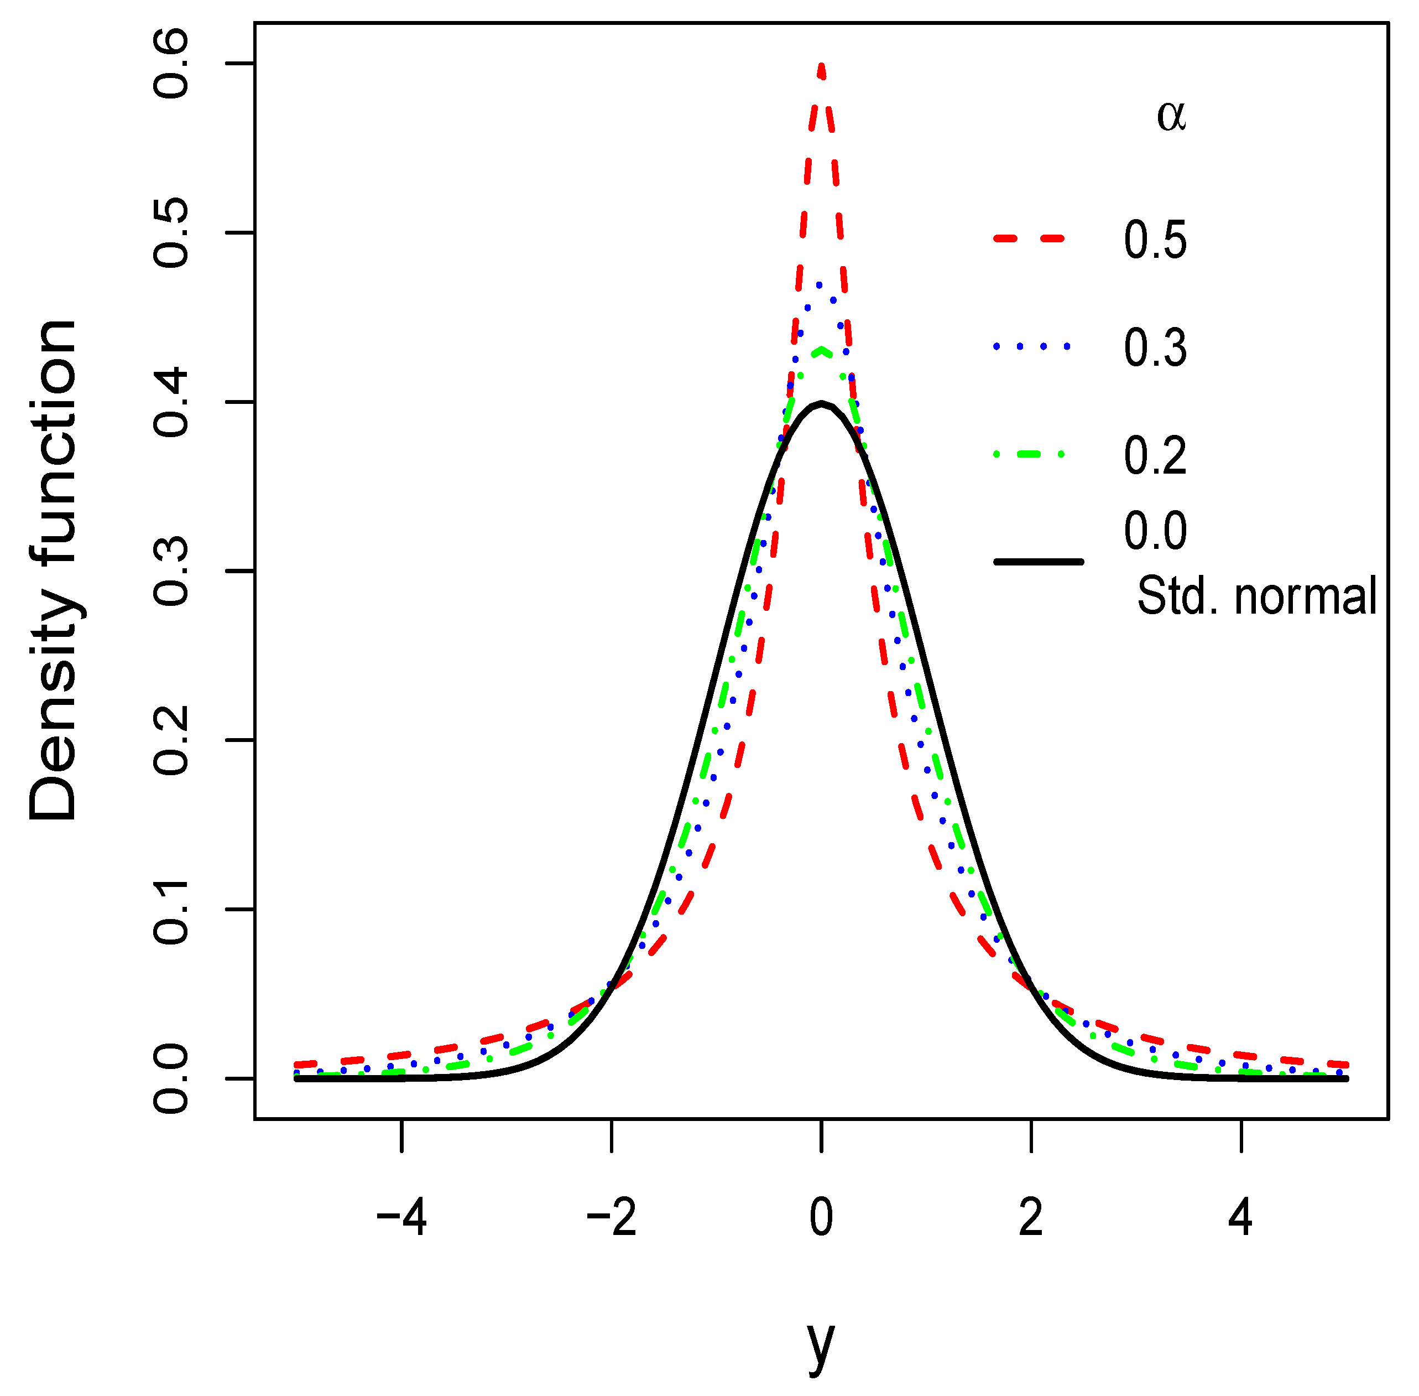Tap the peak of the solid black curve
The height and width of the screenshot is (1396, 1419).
822,403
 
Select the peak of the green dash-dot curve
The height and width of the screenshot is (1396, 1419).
822,350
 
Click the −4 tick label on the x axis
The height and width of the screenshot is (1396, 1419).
401,1218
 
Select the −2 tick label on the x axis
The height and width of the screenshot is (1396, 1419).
611,1218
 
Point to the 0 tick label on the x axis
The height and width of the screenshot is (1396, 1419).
822,1218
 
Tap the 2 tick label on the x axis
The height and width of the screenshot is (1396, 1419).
1031,1218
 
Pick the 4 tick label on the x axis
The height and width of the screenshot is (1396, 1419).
1240,1218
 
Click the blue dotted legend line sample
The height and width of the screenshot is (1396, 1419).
1031,346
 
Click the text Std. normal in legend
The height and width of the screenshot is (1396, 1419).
1256,596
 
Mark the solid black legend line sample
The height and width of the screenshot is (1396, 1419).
1037,562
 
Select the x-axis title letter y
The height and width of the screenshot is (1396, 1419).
821,1346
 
